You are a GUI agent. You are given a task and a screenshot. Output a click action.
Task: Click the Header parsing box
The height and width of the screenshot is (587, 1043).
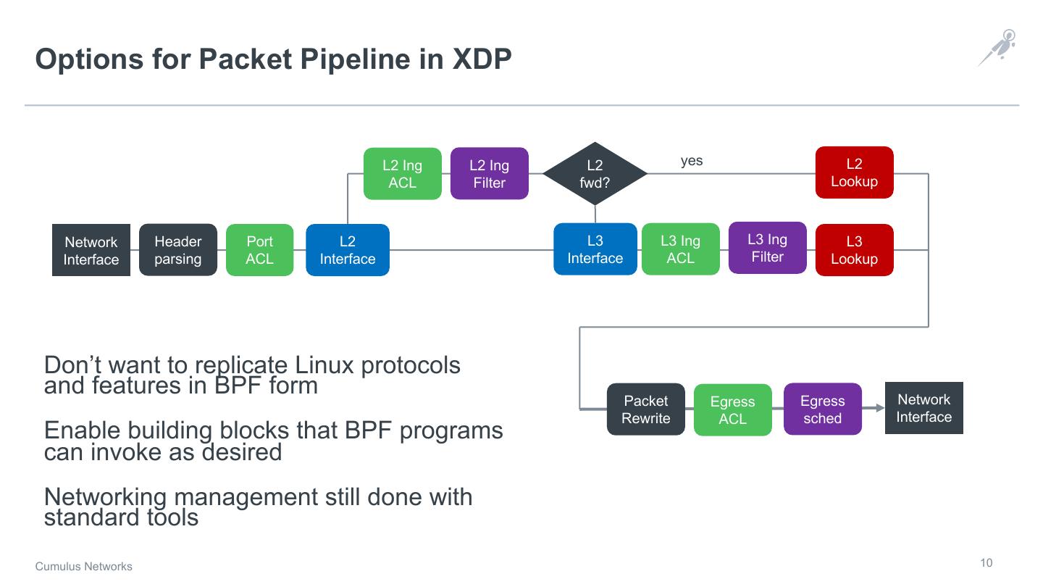pos(177,250)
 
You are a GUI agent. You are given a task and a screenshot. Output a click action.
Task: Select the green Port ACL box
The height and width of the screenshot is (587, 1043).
pos(259,250)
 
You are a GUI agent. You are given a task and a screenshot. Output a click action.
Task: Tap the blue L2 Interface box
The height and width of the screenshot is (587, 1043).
pos(348,250)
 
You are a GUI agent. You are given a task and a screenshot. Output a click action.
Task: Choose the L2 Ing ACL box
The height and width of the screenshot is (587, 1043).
pos(402,174)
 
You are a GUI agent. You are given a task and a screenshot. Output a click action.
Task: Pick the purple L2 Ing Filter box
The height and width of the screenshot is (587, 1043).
pos(489,174)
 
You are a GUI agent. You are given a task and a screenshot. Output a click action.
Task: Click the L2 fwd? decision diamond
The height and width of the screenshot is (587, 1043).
pos(595,174)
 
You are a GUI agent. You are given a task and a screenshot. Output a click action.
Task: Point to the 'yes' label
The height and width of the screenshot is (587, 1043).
pos(692,161)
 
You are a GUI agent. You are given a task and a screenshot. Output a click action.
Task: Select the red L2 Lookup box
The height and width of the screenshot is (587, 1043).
pos(854,172)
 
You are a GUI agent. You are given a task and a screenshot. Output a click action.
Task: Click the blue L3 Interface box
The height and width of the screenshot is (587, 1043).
pos(595,249)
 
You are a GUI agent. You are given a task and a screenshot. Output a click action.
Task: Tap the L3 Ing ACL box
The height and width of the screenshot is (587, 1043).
pos(680,249)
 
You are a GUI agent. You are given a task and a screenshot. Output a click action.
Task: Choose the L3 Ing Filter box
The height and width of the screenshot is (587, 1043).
pos(767,248)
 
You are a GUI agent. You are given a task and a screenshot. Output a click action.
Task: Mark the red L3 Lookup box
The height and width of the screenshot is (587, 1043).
pos(854,250)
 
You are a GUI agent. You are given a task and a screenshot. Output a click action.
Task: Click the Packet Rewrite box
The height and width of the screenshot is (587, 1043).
pos(645,409)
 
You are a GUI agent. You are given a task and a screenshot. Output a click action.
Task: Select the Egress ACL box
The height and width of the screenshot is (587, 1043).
pos(732,410)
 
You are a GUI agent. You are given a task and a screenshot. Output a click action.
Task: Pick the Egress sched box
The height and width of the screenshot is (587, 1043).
pos(822,409)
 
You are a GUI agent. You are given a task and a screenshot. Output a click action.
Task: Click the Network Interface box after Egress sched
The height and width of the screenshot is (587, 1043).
pos(923,408)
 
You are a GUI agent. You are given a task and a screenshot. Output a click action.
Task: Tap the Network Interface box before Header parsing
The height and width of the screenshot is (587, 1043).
pos(91,250)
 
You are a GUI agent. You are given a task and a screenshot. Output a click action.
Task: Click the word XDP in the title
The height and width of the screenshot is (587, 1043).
pos(482,59)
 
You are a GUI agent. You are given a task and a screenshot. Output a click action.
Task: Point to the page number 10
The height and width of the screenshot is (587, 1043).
pos(987,563)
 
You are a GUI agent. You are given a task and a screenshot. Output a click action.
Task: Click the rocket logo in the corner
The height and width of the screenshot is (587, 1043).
pos(997,48)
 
